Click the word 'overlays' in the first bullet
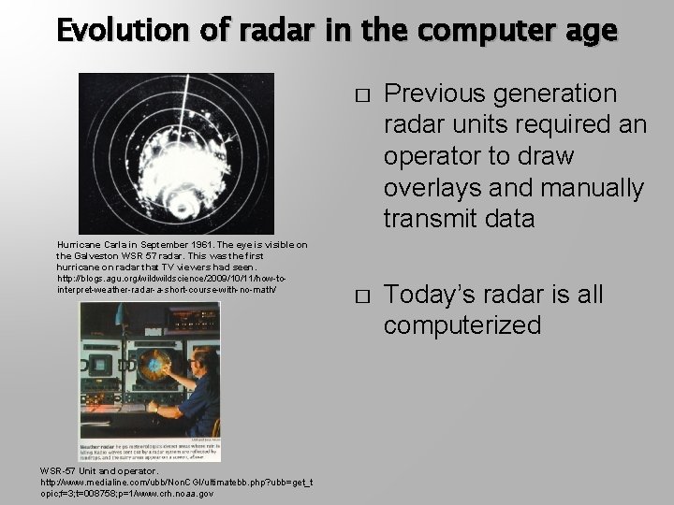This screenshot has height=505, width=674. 428,188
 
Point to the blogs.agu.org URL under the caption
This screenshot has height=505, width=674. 168,283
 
